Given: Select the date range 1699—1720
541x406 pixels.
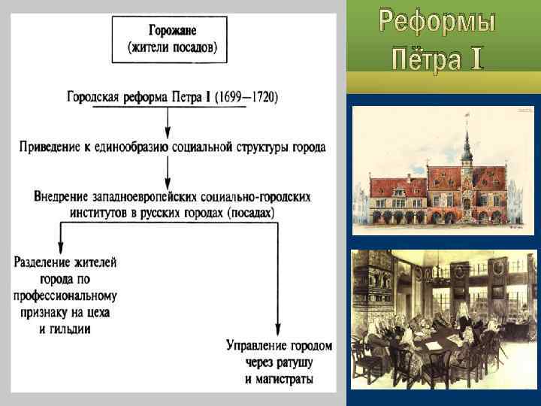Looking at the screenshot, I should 244,97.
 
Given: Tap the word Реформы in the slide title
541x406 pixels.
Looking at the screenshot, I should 437,22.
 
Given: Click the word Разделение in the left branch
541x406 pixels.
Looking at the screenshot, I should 44,262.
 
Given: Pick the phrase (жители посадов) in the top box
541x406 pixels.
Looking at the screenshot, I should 172,48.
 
